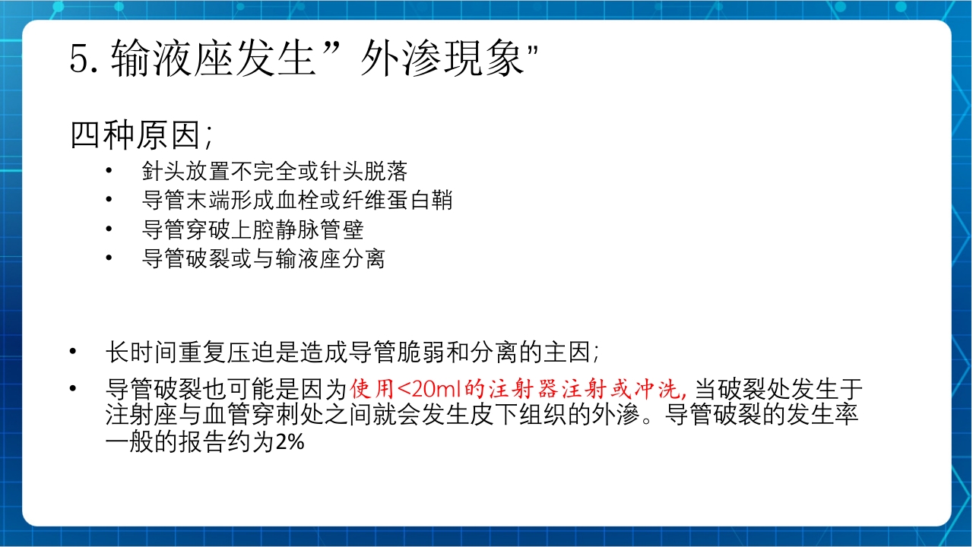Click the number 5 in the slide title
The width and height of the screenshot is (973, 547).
(81, 58)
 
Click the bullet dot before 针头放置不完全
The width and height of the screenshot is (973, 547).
(111, 170)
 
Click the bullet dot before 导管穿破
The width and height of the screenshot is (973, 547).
(111, 229)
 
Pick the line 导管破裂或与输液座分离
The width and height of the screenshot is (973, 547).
(263, 259)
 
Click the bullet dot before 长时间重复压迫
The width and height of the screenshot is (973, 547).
(73, 352)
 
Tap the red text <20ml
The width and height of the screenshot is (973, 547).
(423, 390)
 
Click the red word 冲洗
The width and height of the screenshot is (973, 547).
(660, 390)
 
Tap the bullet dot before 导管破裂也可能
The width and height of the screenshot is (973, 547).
(73, 390)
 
